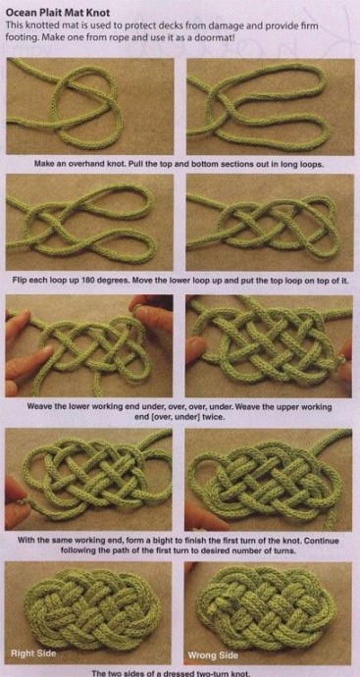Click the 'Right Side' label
pos(33,653)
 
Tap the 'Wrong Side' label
pos(213,655)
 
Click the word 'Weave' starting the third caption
pos(39,407)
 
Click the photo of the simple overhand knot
pos(90,106)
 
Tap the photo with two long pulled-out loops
pos(270,107)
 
